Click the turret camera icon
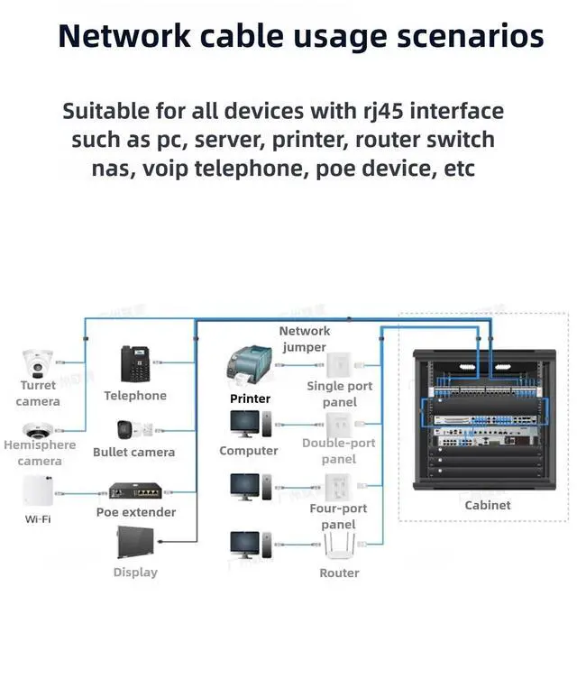38,362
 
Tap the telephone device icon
135,363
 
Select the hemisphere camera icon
38,430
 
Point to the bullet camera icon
134,430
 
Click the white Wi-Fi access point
38,490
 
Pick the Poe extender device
135,491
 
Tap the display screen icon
135,542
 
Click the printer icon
250,365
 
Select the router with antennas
339,545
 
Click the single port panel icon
340,365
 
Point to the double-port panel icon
339,426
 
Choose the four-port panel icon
338,487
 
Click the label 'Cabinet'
488,505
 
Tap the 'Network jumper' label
305,339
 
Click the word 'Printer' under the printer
250,399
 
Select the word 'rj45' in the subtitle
383,111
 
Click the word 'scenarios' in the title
471,36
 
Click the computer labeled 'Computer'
251,424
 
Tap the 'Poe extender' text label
136,512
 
